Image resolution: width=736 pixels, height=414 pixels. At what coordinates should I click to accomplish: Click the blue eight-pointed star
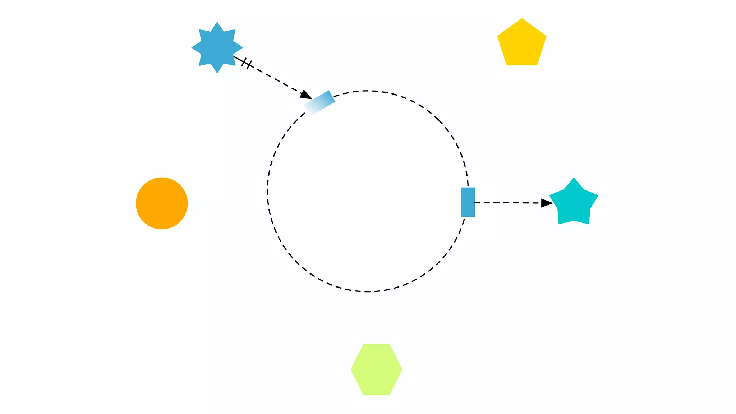(217, 47)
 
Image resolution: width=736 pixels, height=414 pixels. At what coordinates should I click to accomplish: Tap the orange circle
(162, 203)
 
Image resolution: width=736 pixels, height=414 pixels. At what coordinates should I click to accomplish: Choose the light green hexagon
(376, 369)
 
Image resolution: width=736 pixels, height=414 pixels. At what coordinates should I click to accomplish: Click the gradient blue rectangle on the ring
(319, 103)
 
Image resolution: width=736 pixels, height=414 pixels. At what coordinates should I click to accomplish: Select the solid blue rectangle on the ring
(468, 202)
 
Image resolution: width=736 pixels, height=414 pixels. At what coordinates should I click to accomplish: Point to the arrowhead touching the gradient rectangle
(306, 95)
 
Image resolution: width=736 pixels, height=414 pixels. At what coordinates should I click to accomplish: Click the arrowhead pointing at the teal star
(547, 203)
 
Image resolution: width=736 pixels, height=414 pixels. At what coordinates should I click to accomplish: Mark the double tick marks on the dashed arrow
(247, 64)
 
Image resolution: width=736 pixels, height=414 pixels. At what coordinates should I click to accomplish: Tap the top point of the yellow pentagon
(522, 19)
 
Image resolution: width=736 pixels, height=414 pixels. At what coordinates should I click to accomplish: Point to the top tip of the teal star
(574, 178)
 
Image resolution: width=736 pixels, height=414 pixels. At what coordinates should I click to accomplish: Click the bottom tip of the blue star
(217, 73)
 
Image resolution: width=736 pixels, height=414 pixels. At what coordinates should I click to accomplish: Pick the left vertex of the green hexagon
(351, 369)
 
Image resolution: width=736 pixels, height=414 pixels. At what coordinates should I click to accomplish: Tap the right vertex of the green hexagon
(402, 369)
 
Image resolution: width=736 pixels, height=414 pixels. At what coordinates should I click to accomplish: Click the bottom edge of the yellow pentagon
(522, 65)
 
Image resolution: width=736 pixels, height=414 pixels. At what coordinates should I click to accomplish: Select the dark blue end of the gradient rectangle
(331, 96)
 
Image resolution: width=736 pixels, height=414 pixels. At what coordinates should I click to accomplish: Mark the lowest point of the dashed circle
(367, 291)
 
